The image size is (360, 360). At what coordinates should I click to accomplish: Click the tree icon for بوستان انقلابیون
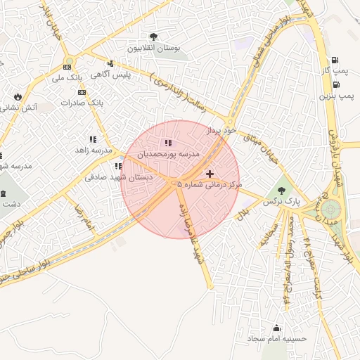click(154, 37)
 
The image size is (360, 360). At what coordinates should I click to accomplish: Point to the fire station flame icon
click(18, 97)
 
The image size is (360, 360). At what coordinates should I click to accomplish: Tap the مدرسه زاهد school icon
click(93, 140)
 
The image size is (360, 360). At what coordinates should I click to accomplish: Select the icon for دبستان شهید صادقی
click(118, 167)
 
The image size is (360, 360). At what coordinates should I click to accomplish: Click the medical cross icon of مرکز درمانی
click(210, 173)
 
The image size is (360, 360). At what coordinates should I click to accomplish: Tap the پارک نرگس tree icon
click(282, 190)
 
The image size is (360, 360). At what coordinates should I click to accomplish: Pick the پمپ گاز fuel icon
click(334, 60)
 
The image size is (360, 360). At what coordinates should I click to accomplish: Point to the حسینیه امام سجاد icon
click(276, 328)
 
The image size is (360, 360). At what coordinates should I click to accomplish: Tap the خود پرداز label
click(218, 131)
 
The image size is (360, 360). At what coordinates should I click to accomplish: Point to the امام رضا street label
click(84, 217)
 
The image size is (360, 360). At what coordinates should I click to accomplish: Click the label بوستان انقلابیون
click(154, 48)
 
